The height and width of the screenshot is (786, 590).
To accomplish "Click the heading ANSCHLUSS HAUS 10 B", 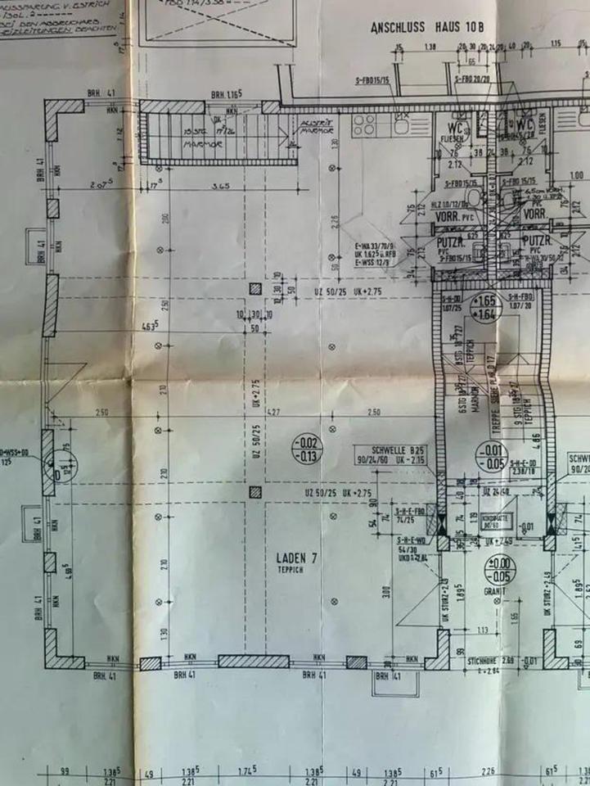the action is tap(428, 27).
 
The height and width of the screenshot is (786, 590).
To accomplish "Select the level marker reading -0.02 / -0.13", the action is tap(309, 449).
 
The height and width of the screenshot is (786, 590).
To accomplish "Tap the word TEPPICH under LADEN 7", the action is tap(291, 570).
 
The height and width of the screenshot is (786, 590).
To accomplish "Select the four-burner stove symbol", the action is tap(363, 124).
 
